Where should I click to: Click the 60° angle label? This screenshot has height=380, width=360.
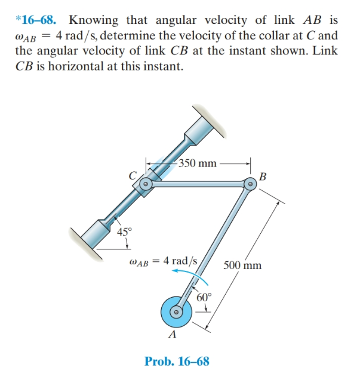[204, 296]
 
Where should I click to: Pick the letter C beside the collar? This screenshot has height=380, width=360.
[135, 174]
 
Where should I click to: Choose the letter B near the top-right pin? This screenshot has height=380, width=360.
[263, 177]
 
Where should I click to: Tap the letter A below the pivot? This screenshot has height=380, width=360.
[173, 334]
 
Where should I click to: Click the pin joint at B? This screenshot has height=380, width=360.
[250, 185]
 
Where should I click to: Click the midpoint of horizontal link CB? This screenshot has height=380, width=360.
[197, 186]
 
